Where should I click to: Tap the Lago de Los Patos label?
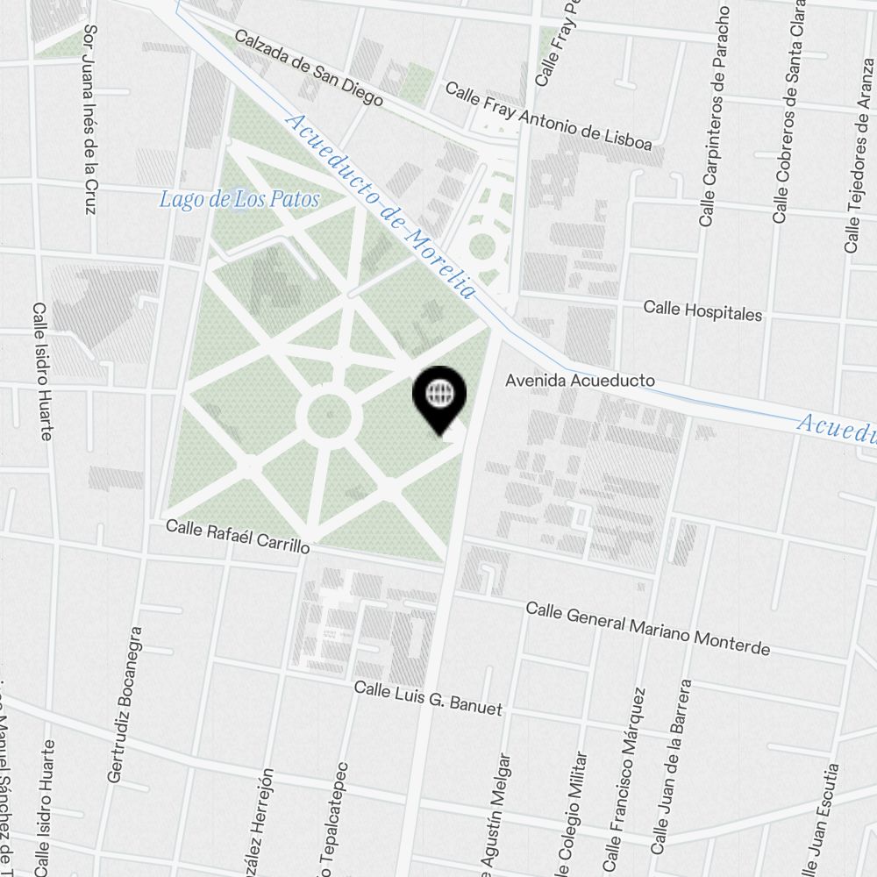pos(239,199)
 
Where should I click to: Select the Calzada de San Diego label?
pos(309,69)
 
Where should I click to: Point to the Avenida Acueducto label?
pos(581,381)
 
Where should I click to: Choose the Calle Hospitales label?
pos(702,310)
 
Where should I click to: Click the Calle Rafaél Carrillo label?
pos(238,534)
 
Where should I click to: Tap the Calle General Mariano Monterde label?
pos(647,629)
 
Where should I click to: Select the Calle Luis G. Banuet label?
pos(428,697)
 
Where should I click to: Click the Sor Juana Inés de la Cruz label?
pos(89,119)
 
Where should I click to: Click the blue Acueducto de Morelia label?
pos(381,208)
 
